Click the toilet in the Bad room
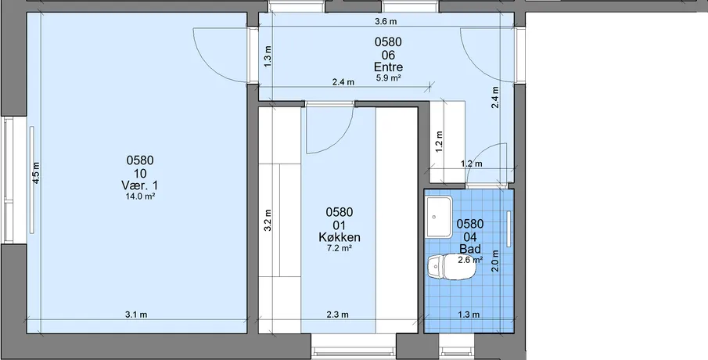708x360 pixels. click(451, 267)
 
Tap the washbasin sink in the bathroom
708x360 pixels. click(438, 218)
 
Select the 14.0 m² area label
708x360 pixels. click(140, 196)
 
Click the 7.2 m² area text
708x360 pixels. click(339, 248)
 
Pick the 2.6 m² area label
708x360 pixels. click(470, 260)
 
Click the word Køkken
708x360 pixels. click(339, 237)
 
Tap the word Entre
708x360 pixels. click(388, 67)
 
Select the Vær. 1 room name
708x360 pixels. click(140, 185)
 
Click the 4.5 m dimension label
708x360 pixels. click(36, 172)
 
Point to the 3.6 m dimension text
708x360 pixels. click(386, 21)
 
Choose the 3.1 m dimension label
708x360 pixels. click(136, 315)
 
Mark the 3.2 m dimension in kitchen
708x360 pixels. click(268, 220)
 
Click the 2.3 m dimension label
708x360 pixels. click(338, 315)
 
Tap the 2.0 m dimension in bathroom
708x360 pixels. click(495, 261)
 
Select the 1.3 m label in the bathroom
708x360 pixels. click(469, 315)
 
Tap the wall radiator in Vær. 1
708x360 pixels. click(31, 180)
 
